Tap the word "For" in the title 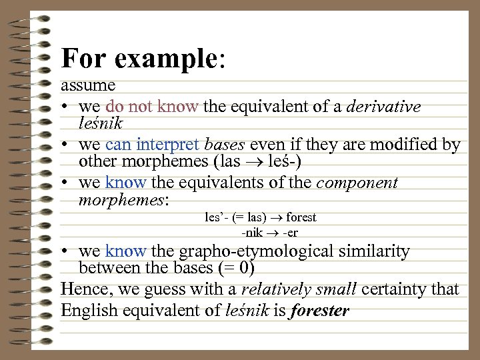85,59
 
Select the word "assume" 88,86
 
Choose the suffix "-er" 290,233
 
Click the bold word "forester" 320,311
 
